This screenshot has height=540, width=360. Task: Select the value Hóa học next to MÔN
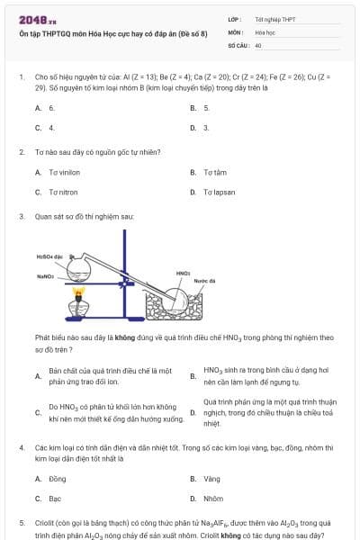[266, 31]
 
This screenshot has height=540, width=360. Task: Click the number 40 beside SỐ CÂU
[258, 44]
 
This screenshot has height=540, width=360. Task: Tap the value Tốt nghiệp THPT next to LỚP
[274, 19]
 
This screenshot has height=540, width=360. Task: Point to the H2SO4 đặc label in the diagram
[49, 257]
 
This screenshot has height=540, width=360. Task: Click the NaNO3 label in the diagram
[46, 276]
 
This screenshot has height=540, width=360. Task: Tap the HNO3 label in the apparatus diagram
[183, 272]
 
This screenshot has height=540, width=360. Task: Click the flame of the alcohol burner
[78, 292]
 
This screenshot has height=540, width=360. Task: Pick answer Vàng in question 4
[212, 479]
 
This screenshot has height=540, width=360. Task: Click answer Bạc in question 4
[55, 498]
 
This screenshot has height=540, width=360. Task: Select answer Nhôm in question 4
[213, 498]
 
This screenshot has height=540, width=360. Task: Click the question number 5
[21, 522]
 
